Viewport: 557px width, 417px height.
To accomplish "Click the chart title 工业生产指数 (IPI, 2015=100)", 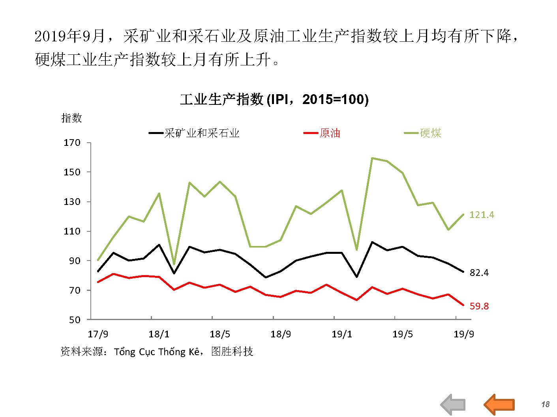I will (x=274, y=99).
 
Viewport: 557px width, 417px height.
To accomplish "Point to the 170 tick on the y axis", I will (x=72, y=143).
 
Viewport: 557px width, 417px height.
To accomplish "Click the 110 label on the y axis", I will (x=72, y=231).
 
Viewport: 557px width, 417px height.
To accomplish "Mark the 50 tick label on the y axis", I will (x=74, y=320).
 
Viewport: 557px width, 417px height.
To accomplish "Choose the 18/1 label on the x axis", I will (x=159, y=334).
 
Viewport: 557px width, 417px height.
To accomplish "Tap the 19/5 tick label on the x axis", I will (x=402, y=334).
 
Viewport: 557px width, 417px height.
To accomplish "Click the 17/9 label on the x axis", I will (x=98, y=334).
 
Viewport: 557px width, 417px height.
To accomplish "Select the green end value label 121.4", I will (x=482, y=215).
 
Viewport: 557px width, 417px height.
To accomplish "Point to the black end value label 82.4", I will (x=479, y=273).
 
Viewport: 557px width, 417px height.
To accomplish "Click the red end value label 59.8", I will (x=479, y=306).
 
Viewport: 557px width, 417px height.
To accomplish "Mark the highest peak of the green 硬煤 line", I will (x=372, y=158).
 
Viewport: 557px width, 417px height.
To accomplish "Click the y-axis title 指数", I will (x=71, y=118).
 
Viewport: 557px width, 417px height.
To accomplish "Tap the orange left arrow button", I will (x=499, y=404).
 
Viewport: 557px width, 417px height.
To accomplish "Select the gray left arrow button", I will (x=453, y=404).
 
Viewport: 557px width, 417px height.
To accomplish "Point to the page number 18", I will (x=545, y=404).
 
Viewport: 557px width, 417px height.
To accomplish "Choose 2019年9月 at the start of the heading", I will (x=69, y=36).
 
